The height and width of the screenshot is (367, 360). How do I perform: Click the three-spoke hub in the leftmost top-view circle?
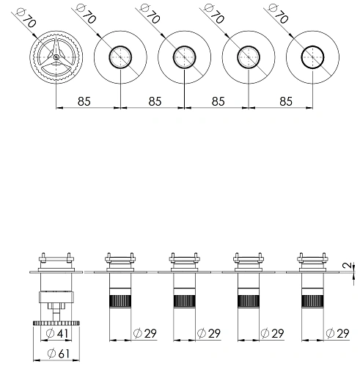56,58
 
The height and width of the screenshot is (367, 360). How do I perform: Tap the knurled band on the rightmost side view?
309,302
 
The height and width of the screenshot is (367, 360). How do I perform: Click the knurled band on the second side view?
119,302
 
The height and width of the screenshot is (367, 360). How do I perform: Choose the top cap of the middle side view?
183,260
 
